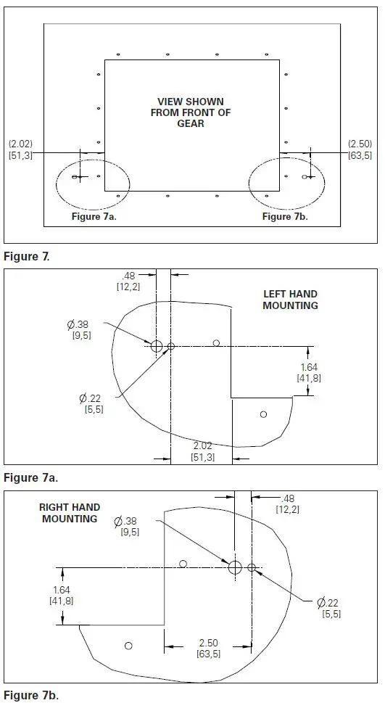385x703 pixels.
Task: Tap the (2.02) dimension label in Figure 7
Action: pyautogui.click(x=20, y=149)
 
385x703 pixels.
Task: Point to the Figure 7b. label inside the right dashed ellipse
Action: pyautogui.click(x=285, y=217)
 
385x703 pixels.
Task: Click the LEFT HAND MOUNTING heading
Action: pyautogui.click(x=290, y=300)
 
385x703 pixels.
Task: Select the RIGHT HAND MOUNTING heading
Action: pyautogui.click(x=70, y=513)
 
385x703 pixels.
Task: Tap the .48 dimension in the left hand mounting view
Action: pyautogui.click(x=128, y=280)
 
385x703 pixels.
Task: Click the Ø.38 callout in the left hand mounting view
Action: pyautogui.click(x=80, y=329)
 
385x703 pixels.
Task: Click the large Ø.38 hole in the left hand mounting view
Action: pyautogui.click(x=157, y=346)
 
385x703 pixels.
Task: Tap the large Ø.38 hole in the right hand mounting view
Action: pyautogui.click(x=235, y=567)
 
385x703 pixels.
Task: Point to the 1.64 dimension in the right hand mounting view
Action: pyautogui.click(x=62, y=596)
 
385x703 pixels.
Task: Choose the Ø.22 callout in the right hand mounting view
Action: pyautogui.click(x=330, y=607)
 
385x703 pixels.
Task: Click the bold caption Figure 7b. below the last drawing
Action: pyautogui.click(x=30, y=695)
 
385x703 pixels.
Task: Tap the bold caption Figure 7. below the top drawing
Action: pyautogui.click(x=27, y=256)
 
